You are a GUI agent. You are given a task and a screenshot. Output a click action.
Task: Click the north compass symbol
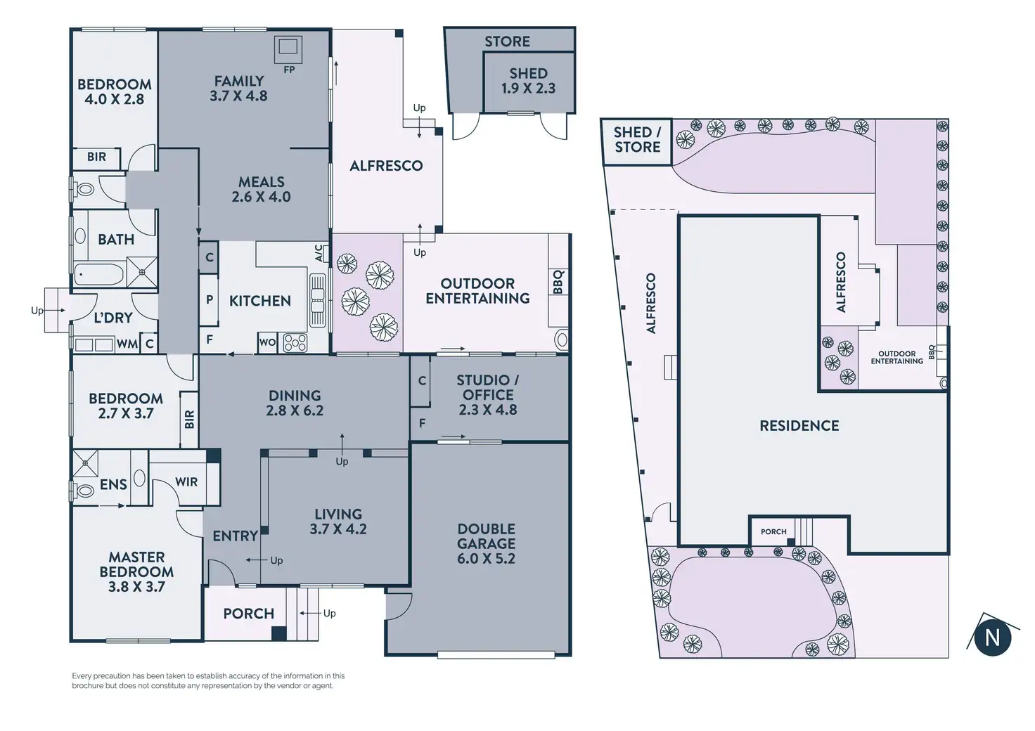(x=992, y=637)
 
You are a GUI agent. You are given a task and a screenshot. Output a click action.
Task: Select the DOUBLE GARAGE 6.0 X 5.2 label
(x=486, y=543)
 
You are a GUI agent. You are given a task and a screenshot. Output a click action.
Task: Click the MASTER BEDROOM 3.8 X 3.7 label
(x=136, y=571)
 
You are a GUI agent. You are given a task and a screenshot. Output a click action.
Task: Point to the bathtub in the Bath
(x=98, y=273)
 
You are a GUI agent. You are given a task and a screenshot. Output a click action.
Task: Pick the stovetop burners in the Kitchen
(x=295, y=342)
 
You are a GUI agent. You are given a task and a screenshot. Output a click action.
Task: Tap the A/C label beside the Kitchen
(x=319, y=252)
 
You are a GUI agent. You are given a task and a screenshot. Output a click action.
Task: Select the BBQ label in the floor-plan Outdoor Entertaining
(x=558, y=282)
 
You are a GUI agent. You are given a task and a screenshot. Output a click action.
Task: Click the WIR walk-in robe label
(x=186, y=482)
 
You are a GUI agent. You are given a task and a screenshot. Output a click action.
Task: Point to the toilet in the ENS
(x=84, y=490)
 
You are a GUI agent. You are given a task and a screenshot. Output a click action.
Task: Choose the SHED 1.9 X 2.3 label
(x=528, y=81)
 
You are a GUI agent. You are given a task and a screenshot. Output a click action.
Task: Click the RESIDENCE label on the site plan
(x=799, y=425)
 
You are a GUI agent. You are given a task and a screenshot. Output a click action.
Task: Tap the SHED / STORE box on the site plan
(x=637, y=140)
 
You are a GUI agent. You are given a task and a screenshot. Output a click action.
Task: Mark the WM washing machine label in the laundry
(x=127, y=344)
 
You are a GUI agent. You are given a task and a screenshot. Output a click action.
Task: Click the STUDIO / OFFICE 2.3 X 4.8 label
(x=488, y=394)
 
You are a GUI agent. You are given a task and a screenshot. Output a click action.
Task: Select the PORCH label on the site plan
(x=773, y=531)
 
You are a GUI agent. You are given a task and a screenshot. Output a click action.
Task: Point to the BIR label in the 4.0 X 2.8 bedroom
(x=96, y=157)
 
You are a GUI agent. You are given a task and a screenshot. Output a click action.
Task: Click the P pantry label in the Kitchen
(x=209, y=299)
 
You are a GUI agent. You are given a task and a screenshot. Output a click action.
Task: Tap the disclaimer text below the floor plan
(x=208, y=680)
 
